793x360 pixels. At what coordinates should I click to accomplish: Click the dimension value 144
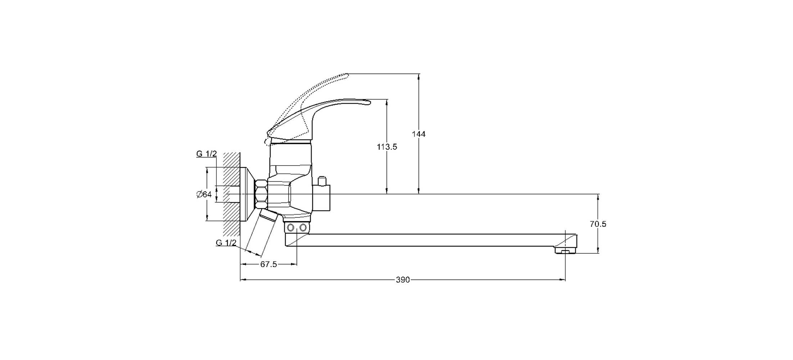click(419, 134)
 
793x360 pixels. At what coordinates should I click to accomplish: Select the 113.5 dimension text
click(387, 147)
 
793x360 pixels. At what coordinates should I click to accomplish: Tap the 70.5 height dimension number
click(598, 224)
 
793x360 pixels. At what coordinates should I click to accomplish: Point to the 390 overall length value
click(403, 280)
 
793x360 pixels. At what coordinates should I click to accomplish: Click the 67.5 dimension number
click(269, 264)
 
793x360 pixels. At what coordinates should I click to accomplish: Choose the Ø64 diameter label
click(204, 194)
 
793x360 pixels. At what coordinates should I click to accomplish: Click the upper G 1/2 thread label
click(207, 154)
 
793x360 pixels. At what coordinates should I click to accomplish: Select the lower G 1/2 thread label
click(226, 243)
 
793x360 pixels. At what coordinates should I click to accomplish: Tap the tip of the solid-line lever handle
click(370, 103)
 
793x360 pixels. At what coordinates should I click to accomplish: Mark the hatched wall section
click(231, 194)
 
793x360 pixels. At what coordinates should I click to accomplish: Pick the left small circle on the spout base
click(291, 228)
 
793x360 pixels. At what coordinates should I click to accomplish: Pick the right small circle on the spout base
click(303, 228)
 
